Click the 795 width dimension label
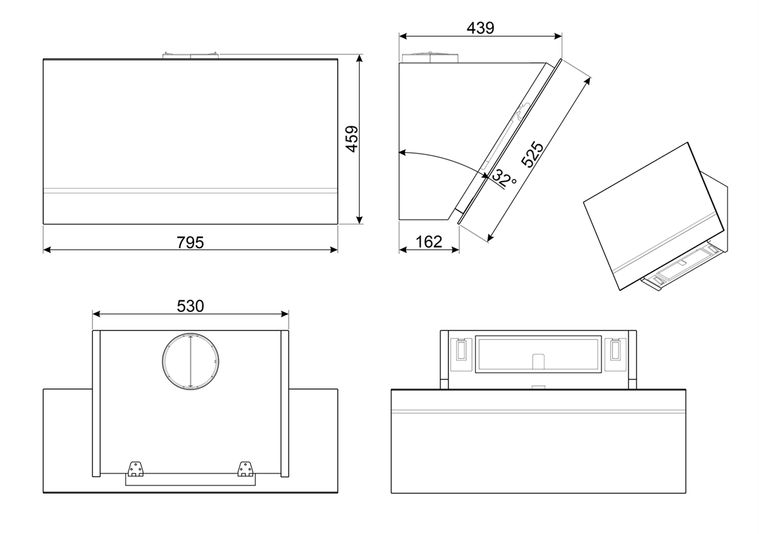coord(190,242)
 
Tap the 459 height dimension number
coord(352,139)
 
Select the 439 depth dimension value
coord(480,28)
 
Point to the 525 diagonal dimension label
coord(532,155)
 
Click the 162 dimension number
coord(429,242)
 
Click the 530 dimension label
coord(190,306)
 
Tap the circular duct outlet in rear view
coord(189,361)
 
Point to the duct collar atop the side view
coord(430,57)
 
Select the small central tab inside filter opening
coord(538,361)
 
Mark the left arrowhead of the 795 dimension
coord(46,250)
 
